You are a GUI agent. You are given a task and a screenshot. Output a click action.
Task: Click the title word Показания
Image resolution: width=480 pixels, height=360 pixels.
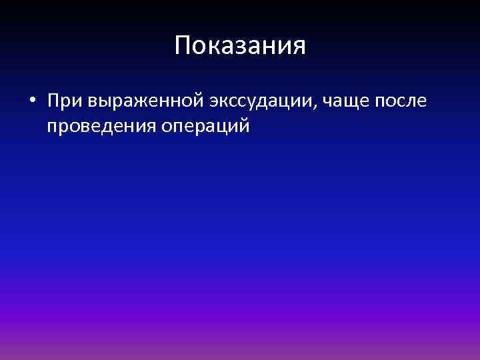pos(240,46)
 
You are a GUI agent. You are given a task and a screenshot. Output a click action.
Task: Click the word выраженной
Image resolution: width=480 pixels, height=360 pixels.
pos(143,103)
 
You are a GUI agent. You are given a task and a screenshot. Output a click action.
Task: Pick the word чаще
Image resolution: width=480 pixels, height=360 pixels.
pos(351,103)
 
